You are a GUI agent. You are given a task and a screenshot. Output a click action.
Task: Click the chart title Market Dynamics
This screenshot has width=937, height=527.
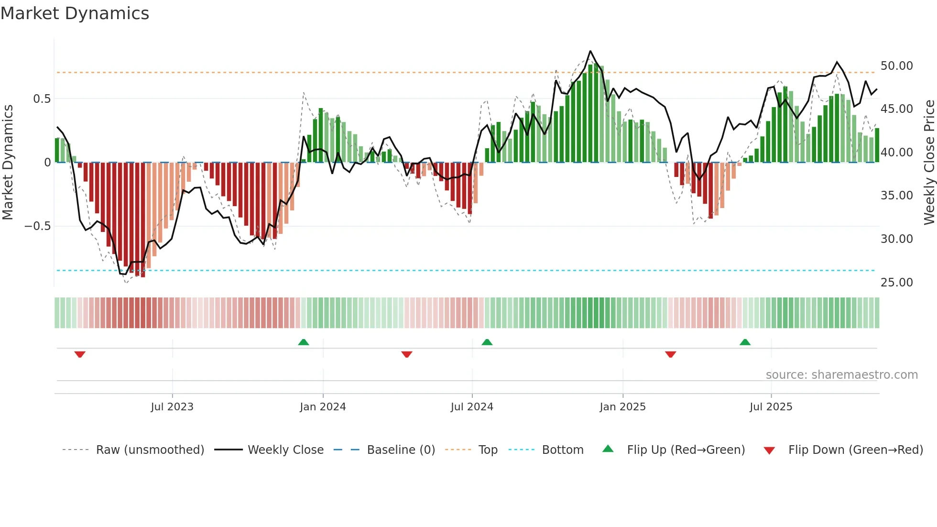point(75,13)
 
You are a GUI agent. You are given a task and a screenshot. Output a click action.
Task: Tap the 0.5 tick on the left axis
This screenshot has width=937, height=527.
point(42,99)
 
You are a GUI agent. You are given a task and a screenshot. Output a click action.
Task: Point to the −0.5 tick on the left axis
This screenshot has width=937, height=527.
point(37,226)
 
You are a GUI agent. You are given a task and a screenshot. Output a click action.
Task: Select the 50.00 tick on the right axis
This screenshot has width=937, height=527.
point(896,66)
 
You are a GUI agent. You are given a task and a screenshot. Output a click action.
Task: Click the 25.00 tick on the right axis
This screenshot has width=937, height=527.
point(896,283)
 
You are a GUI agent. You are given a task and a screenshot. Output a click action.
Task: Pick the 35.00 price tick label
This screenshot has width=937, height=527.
point(896,196)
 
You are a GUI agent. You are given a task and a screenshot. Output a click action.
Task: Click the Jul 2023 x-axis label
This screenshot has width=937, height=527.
point(172,407)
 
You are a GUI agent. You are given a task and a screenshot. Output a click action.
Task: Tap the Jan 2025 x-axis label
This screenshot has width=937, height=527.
point(622,407)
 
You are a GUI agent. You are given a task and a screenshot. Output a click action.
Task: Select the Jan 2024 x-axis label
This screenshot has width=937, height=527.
point(323,407)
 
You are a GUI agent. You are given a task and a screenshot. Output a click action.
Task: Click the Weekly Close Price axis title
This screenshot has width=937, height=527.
point(929,163)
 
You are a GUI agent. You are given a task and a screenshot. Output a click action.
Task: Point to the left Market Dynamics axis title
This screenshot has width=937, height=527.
point(8,163)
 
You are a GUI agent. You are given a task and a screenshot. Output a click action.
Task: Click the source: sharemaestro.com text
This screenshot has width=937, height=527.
point(841,375)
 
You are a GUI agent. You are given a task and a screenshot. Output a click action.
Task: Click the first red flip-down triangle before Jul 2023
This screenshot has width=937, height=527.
point(80,354)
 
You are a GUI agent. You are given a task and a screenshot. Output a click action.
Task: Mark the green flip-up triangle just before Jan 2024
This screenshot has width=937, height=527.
point(304,342)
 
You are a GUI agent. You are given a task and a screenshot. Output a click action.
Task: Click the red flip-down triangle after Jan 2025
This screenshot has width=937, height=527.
point(670,354)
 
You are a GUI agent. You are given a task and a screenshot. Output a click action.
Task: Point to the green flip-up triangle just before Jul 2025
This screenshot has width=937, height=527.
point(745,342)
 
